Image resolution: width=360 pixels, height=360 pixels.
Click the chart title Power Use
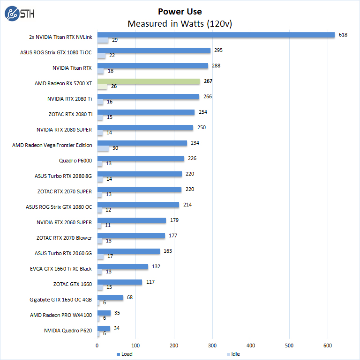click(180, 11)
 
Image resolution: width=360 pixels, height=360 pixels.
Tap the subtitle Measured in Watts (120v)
click(180, 23)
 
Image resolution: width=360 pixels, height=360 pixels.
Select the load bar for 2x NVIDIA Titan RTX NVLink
click(216, 35)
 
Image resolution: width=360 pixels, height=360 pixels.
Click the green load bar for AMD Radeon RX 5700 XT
click(148, 81)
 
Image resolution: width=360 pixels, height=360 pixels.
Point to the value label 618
click(343, 35)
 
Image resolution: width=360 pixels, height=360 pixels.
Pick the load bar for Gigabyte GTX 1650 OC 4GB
click(110, 297)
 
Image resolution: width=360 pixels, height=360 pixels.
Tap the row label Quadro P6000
click(75, 161)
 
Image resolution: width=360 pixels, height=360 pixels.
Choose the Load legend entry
click(124, 354)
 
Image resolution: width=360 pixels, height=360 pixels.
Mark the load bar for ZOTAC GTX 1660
click(120, 282)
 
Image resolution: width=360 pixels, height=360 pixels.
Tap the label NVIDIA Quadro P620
click(68, 331)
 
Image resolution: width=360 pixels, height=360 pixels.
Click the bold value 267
click(208, 81)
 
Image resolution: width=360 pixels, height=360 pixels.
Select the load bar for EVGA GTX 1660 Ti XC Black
click(122, 266)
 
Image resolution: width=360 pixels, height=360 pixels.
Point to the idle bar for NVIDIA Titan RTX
click(101, 71)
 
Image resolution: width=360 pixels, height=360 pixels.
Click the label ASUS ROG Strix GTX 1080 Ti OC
click(56, 52)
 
